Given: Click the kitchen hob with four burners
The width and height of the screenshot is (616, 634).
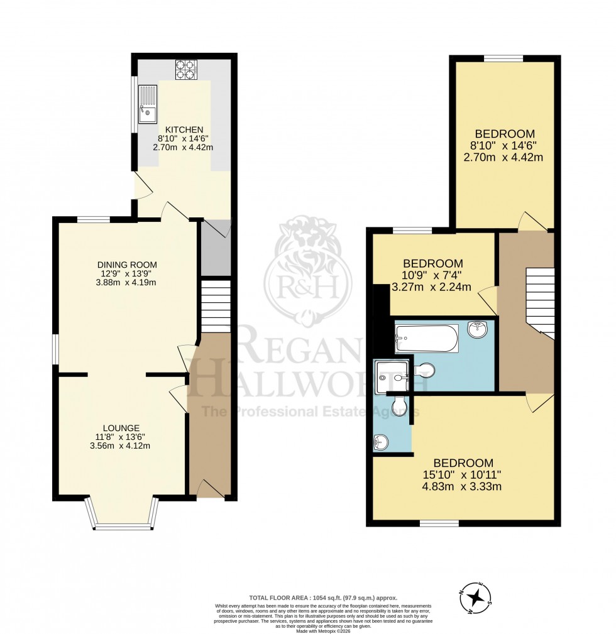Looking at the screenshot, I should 186,69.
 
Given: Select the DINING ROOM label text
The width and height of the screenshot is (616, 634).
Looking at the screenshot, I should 127,265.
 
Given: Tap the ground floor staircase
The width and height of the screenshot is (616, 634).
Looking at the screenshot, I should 216,305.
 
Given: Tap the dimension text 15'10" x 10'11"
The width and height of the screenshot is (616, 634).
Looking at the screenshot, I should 463,474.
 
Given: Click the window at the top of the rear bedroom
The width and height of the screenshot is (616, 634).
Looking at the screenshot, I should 503,58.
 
